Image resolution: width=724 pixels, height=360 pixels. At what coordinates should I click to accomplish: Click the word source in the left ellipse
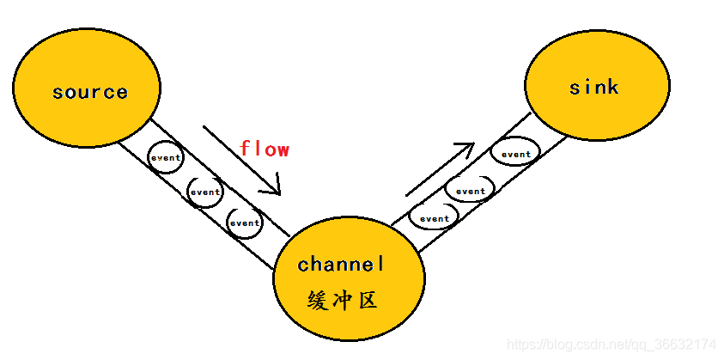(x=89, y=92)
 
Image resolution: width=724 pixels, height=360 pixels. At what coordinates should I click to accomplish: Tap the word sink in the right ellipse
(x=593, y=87)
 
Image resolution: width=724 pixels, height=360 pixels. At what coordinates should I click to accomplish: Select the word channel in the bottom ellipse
(x=342, y=264)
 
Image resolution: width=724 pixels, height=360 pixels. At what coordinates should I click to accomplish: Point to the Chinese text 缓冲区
(x=342, y=300)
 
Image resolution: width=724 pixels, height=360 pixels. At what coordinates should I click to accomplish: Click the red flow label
(x=264, y=149)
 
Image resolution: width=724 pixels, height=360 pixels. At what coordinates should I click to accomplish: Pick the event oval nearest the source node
(x=166, y=157)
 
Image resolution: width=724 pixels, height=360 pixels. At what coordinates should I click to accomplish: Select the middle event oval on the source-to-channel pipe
(x=205, y=192)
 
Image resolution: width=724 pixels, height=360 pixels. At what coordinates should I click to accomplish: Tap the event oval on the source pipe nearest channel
(x=244, y=223)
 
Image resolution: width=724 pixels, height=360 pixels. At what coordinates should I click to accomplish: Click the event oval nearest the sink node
(x=516, y=155)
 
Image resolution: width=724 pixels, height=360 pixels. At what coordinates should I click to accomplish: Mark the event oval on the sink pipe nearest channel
(x=434, y=218)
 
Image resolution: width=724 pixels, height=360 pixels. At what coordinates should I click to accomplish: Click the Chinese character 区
(x=368, y=300)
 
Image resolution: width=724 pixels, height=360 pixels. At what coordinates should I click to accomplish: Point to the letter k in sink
(x=612, y=87)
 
